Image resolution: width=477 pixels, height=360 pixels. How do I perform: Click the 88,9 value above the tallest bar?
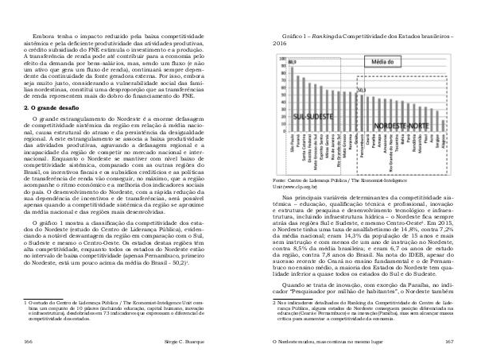coord(292,62)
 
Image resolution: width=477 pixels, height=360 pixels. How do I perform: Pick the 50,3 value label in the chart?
coord(362,90)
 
